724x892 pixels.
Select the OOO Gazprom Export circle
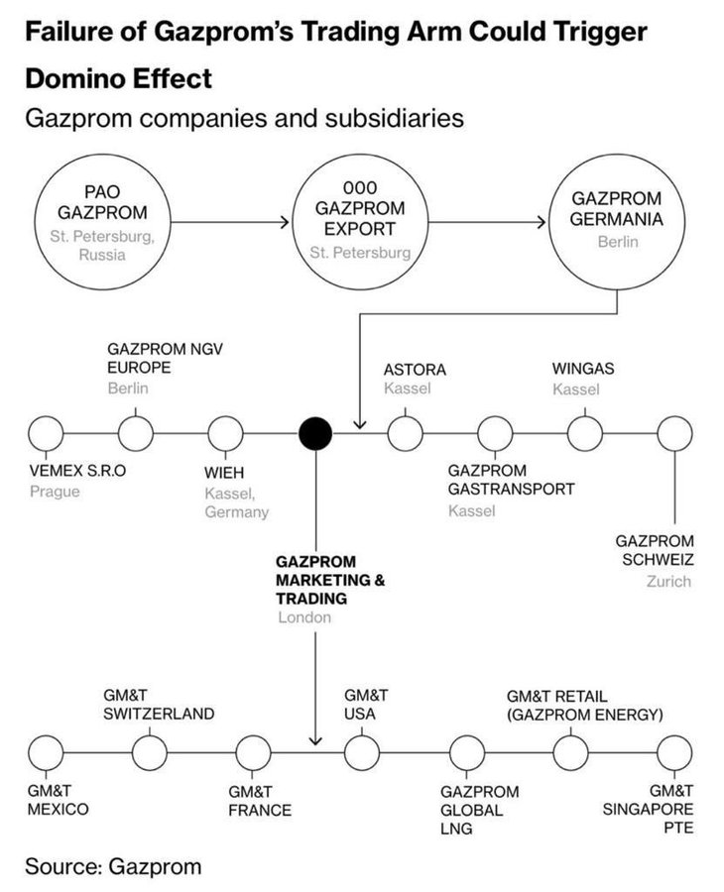(360, 219)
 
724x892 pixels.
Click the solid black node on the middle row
(315, 433)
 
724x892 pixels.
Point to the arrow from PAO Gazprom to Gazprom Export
(232, 222)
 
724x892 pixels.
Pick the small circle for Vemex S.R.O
(46, 433)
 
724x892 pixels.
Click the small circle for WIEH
(225, 433)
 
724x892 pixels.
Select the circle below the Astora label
(404, 433)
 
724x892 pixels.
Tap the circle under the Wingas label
(584, 433)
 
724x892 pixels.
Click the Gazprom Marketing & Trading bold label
(330, 580)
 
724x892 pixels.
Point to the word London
(304, 616)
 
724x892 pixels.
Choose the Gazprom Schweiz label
(654, 550)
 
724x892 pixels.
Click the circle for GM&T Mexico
(46, 752)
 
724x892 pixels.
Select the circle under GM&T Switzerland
(149, 752)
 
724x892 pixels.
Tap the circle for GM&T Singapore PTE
(674, 752)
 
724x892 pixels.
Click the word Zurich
(667, 581)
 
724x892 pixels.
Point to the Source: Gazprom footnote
(113, 866)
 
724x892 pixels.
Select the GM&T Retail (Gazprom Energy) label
(584, 705)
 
